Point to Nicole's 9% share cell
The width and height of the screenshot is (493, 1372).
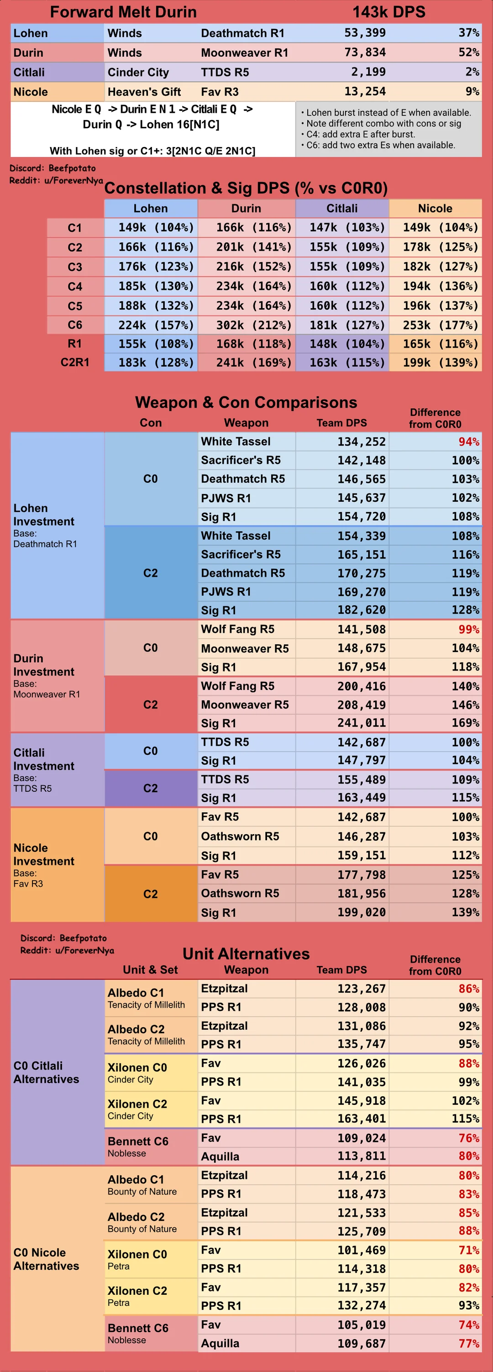(x=435, y=92)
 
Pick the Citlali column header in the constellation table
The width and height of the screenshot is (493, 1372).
(x=342, y=208)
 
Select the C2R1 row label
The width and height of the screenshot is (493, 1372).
(x=75, y=362)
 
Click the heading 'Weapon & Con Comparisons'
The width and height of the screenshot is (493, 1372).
(x=246, y=402)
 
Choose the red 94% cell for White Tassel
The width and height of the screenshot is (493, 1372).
(x=435, y=442)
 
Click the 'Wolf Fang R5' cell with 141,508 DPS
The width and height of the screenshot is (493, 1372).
(x=247, y=629)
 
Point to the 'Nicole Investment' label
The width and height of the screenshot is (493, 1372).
(x=44, y=854)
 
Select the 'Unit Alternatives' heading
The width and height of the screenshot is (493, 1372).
(x=246, y=953)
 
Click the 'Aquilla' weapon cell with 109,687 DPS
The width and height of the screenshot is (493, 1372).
(x=247, y=1343)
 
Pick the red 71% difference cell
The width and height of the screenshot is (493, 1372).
(x=435, y=1250)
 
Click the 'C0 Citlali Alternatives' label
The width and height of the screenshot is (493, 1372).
(x=46, y=1072)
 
